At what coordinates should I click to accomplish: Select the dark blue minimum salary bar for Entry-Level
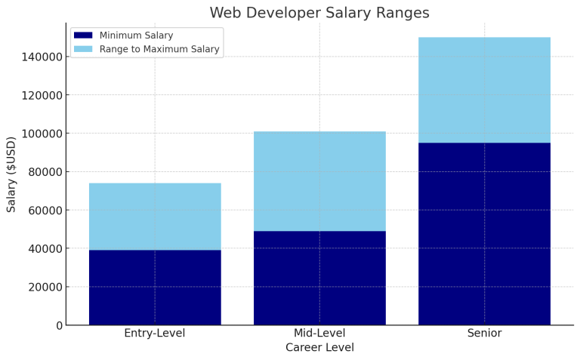(x=155, y=287)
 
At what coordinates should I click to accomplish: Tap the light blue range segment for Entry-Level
(x=155, y=217)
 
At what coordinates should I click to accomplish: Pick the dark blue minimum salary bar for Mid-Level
(x=319, y=278)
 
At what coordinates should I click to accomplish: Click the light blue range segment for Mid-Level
(x=319, y=181)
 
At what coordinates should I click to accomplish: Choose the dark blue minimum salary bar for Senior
(x=484, y=234)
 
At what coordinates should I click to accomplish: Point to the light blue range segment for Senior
(x=484, y=90)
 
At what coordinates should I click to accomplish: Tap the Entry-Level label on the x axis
(x=155, y=334)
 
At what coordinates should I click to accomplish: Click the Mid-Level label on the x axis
(x=319, y=334)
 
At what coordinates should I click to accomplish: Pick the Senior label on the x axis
(x=484, y=334)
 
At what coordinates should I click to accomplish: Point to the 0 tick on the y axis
(x=58, y=325)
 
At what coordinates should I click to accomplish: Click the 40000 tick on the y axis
(x=42, y=248)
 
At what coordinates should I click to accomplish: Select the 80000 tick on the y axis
(x=42, y=172)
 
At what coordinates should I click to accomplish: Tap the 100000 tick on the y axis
(x=39, y=134)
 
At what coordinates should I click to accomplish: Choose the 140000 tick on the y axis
(x=39, y=57)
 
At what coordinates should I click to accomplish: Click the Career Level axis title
(x=319, y=348)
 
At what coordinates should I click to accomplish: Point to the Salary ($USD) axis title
(x=11, y=174)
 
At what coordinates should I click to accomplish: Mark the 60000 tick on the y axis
(x=42, y=211)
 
